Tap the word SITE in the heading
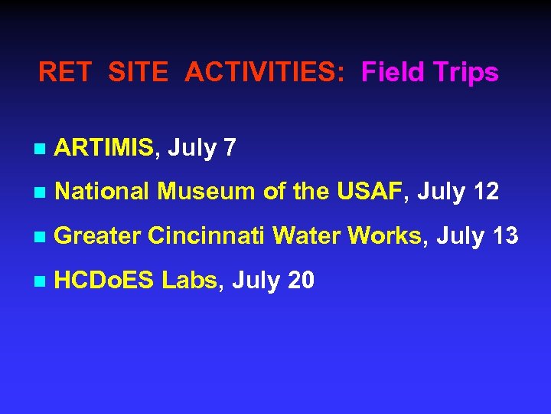click(x=138, y=73)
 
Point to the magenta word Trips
click(x=467, y=74)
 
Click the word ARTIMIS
click(x=105, y=147)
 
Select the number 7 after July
click(x=230, y=147)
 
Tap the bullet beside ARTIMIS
click(x=40, y=149)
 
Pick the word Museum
click(x=205, y=192)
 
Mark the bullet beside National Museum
click(x=40, y=193)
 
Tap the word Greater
click(x=97, y=237)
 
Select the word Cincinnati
click(x=207, y=236)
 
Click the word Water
click(x=306, y=236)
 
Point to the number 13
click(x=504, y=236)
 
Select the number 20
click(x=300, y=281)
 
